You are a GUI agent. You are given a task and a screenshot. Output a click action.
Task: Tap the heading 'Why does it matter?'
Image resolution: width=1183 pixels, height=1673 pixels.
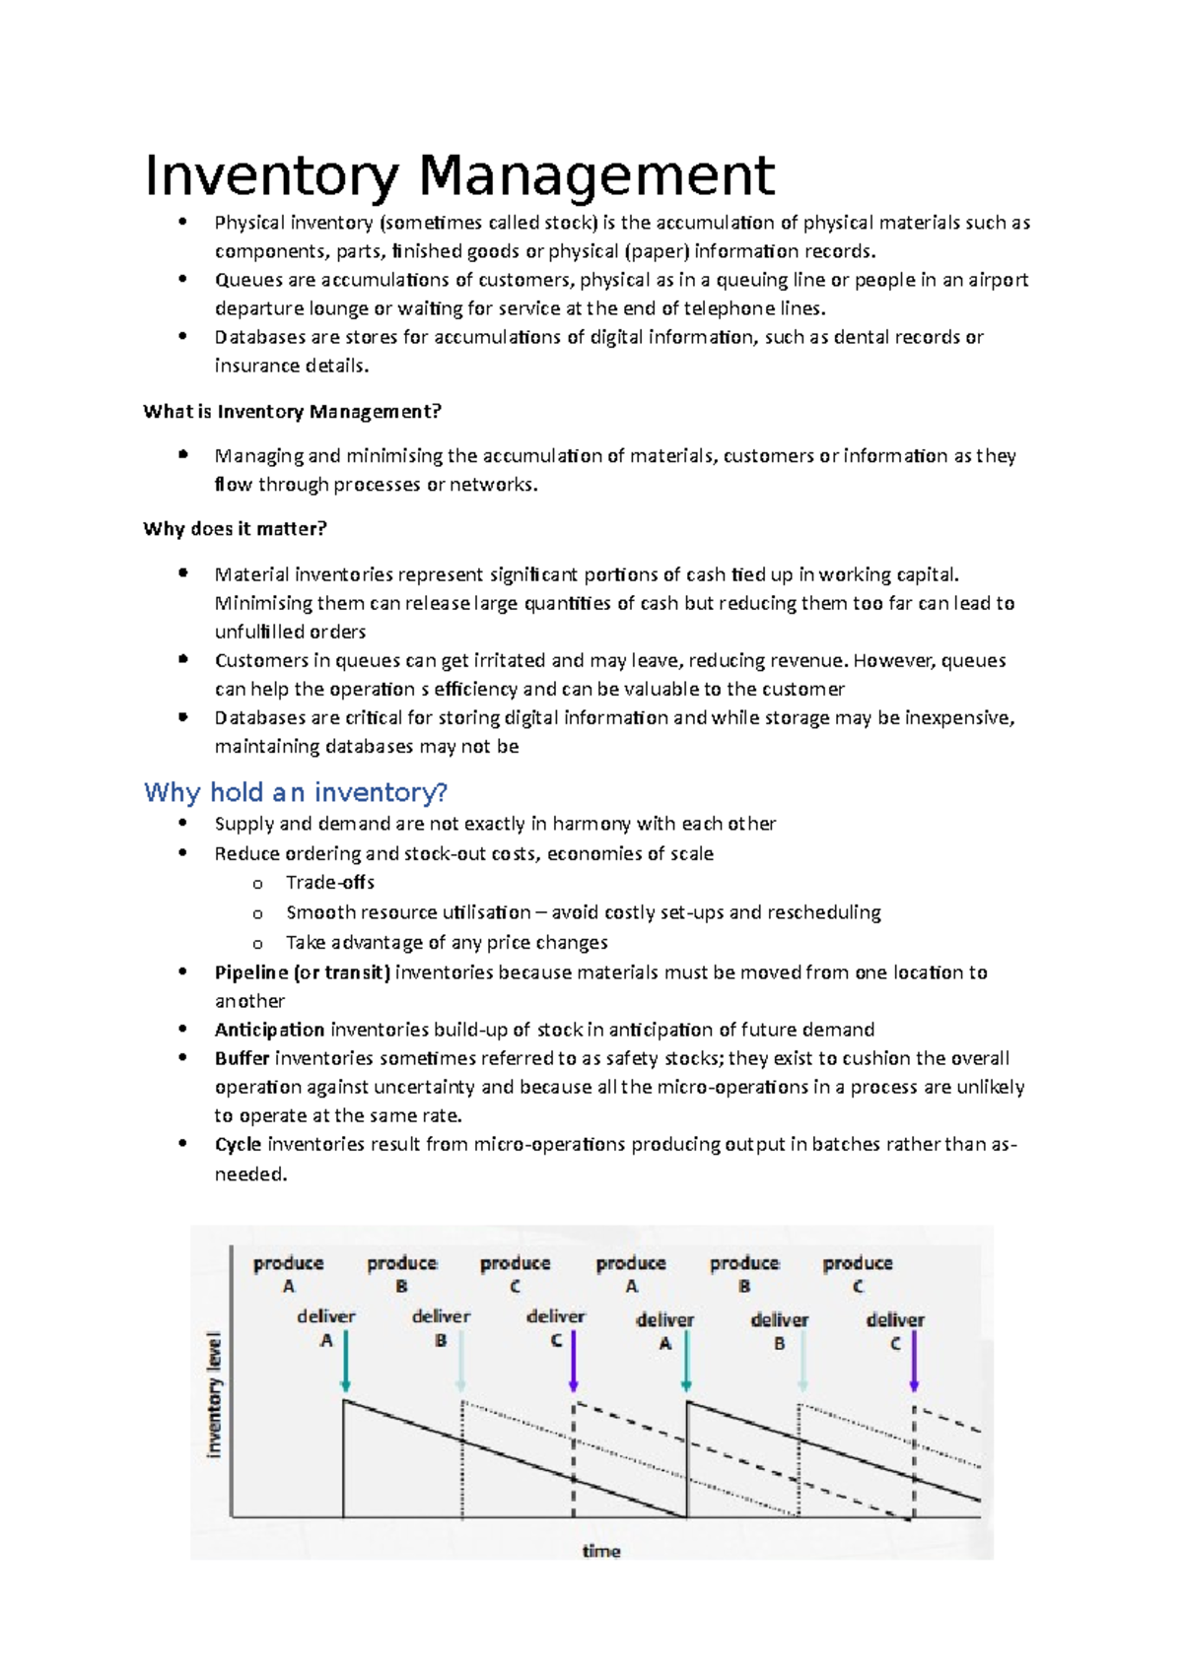click(x=235, y=529)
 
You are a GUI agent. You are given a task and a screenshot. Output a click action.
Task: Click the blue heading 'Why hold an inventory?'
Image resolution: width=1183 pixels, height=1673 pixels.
click(x=296, y=792)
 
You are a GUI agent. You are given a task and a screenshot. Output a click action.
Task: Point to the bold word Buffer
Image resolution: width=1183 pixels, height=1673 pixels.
click(x=242, y=1058)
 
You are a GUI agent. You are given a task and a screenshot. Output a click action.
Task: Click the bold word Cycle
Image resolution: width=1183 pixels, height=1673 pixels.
click(x=238, y=1145)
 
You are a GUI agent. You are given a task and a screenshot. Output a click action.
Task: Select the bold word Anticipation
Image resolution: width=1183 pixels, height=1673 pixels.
click(x=269, y=1030)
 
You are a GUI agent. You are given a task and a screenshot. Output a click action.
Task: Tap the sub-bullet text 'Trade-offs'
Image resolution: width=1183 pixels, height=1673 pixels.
click(x=330, y=883)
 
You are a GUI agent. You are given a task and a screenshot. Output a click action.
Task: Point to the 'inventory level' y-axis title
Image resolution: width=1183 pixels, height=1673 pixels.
click(x=214, y=1395)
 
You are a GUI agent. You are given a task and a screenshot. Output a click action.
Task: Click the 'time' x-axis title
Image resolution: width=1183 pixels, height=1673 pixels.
click(x=601, y=1551)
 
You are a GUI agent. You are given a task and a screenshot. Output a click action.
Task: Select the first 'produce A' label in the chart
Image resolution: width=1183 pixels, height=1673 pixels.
click(x=288, y=1273)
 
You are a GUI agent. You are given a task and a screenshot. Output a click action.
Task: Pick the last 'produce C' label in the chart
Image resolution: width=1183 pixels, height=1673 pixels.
click(x=858, y=1273)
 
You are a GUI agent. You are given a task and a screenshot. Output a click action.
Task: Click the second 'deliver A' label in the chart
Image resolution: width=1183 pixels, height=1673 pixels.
click(x=665, y=1330)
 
